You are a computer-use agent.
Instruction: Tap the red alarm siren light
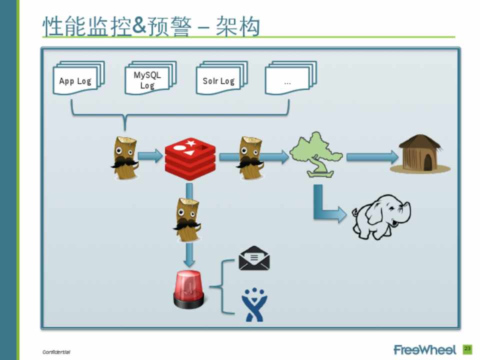188,290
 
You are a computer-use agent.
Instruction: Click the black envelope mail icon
254,258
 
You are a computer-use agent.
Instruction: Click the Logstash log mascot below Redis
188,220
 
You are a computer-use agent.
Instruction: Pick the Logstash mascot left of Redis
124,157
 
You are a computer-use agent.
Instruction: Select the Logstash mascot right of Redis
250,157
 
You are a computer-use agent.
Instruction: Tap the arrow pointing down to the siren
188,254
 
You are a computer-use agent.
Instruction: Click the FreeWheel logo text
425,349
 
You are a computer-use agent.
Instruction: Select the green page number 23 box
467,348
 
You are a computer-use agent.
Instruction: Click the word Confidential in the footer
56,352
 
